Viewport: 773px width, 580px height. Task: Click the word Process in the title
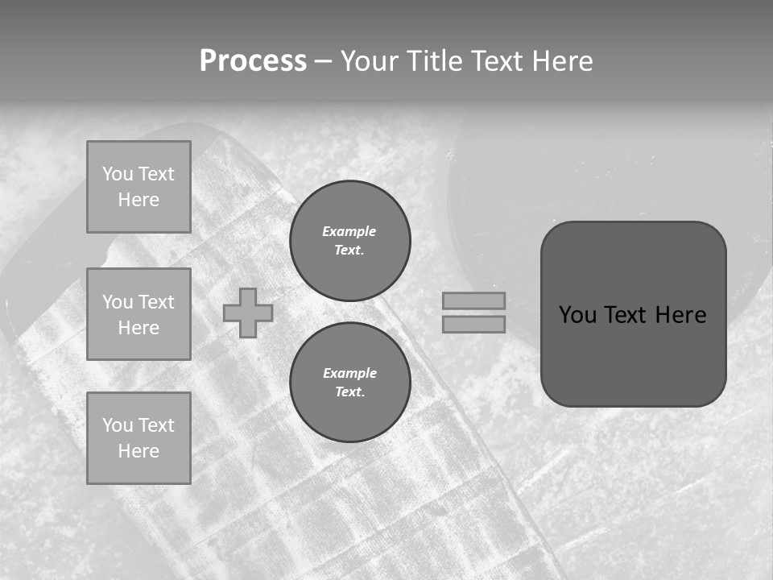[x=253, y=61]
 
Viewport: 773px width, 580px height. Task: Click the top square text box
[x=138, y=187]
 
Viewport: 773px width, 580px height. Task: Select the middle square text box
[x=138, y=314]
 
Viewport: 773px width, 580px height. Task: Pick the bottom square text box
[x=138, y=438]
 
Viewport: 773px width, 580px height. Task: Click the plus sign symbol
[x=248, y=313]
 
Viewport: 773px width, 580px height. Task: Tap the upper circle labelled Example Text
[x=349, y=241]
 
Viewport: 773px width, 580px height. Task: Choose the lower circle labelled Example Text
[x=349, y=383]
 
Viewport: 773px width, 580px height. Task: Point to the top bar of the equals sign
[x=473, y=300]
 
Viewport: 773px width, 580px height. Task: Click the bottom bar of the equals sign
[x=473, y=324]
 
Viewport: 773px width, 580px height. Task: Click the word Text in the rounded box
[x=630, y=315]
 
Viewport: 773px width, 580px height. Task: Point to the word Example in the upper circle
[x=349, y=231]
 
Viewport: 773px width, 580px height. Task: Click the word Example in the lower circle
[x=349, y=373]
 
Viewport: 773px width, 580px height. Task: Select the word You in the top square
[x=118, y=174]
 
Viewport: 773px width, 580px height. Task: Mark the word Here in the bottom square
[x=138, y=451]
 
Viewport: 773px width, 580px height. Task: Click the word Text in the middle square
[x=155, y=302]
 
